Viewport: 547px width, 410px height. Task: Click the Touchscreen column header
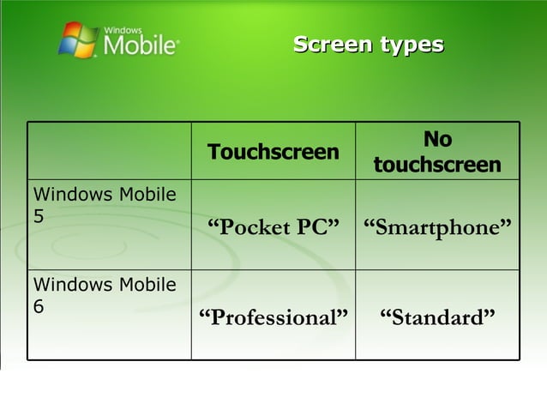coord(273,153)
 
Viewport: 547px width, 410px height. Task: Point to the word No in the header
coord(437,140)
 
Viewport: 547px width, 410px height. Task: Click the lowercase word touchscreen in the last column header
coord(437,165)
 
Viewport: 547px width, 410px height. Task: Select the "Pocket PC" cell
coord(273,227)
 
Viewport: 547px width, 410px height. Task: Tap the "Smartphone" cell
coord(437,227)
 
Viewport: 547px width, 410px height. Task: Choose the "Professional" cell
coord(273,317)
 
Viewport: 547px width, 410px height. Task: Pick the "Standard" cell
coord(437,317)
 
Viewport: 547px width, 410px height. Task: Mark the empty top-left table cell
coord(109,151)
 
